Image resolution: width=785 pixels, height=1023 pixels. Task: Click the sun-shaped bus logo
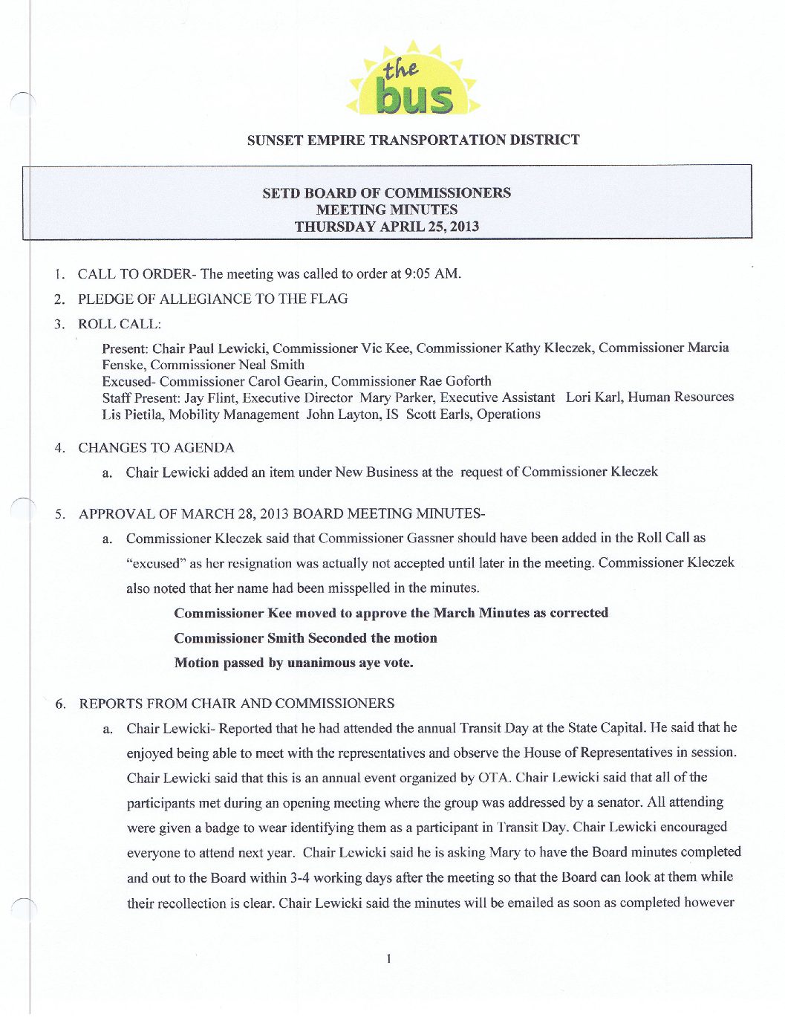413,81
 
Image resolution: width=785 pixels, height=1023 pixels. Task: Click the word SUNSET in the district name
274,140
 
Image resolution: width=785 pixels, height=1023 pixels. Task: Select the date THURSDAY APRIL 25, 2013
386,227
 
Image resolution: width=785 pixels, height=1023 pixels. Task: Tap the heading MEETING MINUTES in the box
386,210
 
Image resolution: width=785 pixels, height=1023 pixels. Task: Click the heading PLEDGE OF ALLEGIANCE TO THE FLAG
212,299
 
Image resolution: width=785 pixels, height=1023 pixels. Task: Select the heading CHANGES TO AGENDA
156,447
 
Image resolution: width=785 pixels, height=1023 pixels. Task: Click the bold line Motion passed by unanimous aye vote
293,663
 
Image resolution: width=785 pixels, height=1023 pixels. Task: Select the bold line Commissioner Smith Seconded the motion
305,637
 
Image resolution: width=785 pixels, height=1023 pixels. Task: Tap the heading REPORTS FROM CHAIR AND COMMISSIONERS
237,703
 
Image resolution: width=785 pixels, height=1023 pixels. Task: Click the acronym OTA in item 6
494,778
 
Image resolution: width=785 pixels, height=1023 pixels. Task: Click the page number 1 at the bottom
388,959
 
